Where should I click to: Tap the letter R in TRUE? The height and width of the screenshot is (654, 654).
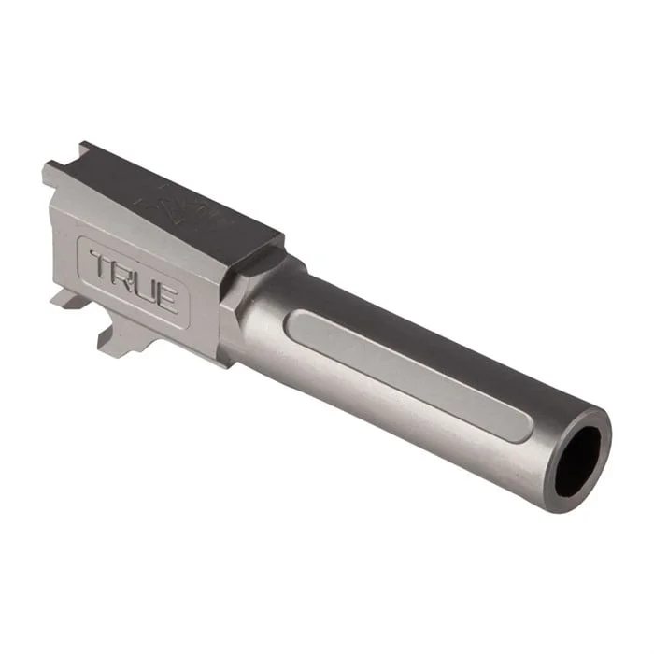pos(123,276)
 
